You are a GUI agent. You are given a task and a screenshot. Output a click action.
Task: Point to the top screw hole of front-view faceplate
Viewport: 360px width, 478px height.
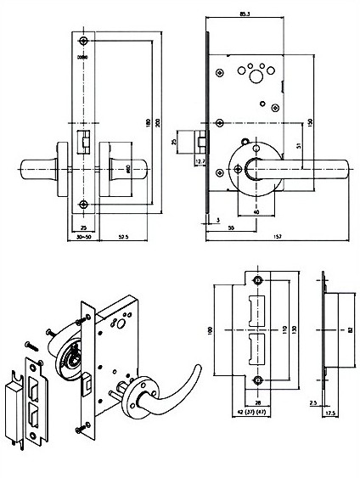pyautogui.click(x=83, y=42)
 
